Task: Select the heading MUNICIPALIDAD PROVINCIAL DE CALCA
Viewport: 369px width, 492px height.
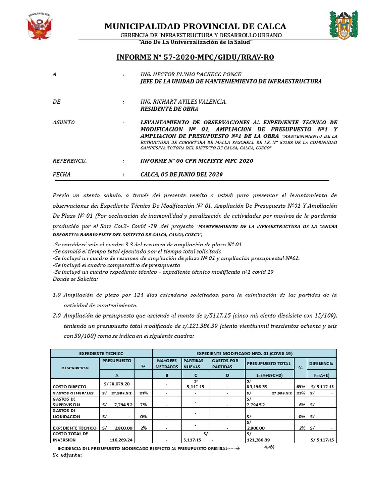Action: [x=195, y=26]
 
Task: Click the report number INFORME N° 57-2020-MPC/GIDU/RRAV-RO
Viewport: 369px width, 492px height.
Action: [x=195, y=57]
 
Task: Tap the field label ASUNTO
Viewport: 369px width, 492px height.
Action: [x=63, y=123]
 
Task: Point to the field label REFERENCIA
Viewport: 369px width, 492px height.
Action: [x=70, y=161]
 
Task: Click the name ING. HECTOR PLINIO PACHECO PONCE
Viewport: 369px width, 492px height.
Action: [x=190, y=74]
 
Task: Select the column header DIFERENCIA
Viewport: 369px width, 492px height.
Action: [x=322, y=363]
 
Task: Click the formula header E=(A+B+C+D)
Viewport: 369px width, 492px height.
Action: [x=270, y=375]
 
